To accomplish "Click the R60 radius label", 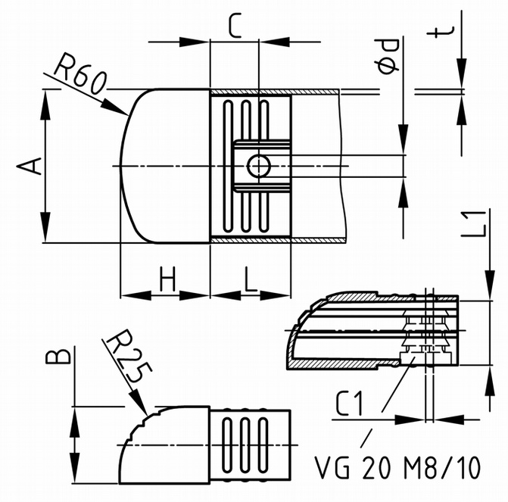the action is pyautogui.click(x=80, y=74).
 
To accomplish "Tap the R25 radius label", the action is pyautogui.click(x=129, y=356).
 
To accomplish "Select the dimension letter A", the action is pyautogui.click(x=30, y=166).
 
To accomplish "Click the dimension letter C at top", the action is pyautogui.click(x=235, y=25).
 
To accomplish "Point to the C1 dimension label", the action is pyautogui.click(x=349, y=403).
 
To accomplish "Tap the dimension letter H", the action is pyautogui.click(x=168, y=279).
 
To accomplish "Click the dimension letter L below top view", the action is pyautogui.click(x=250, y=279).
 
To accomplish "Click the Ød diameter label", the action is pyautogui.click(x=389, y=56).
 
